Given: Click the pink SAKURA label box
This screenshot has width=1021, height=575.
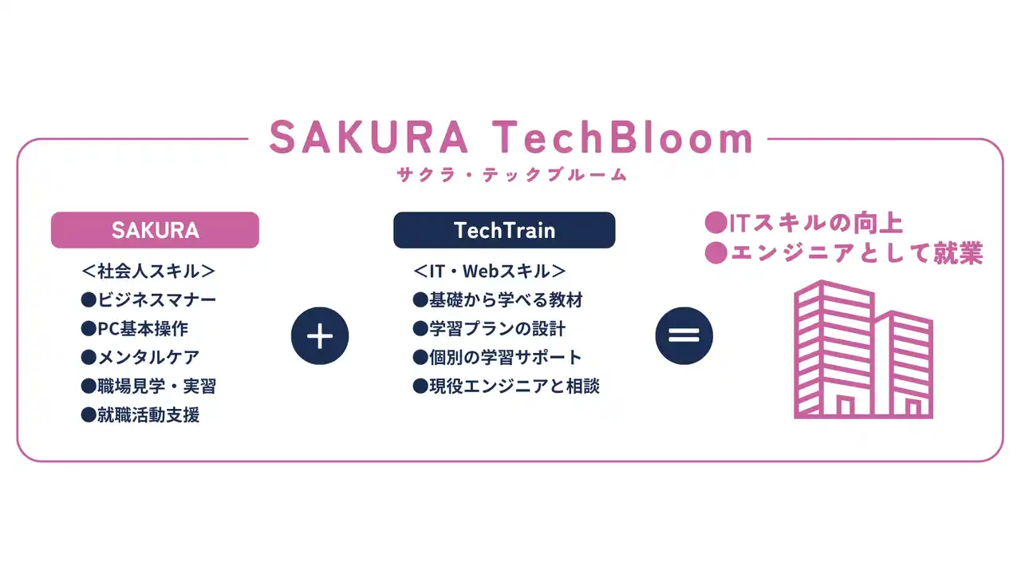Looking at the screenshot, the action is (x=155, y=230).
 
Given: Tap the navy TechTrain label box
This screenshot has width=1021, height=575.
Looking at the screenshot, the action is (x=504, y=230).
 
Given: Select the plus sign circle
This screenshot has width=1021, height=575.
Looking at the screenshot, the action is (x=320, y=336).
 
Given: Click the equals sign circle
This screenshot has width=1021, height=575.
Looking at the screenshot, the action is (x=684, y=336).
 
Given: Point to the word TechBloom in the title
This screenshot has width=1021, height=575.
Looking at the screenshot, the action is (x=623, y=137).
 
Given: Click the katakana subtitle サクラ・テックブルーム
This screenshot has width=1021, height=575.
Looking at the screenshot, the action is (x=512, y=175).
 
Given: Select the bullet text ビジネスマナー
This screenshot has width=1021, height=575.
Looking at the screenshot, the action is (x=157, y=299).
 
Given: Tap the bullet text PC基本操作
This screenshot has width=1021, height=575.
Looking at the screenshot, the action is (x=143, y=328).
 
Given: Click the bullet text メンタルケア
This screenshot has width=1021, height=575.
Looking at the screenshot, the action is (x=148, y=357).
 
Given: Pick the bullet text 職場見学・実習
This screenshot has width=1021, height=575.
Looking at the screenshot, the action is (x=157, y=386).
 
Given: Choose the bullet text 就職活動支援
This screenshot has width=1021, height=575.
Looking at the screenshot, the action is (x=148, y=414).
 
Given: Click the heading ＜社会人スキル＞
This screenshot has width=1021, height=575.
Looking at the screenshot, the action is (x=148, y=271).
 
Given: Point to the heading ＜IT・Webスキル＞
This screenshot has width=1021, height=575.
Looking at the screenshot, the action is (x=490, y=271).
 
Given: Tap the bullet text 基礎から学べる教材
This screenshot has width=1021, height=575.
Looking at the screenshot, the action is (x=506, y=299).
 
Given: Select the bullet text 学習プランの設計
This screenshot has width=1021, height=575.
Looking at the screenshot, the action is (x=497, y=328).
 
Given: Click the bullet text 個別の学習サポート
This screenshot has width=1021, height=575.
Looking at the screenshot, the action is (x=506, y=357).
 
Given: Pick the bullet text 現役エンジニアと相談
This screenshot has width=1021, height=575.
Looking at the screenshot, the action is (x=514, y=386).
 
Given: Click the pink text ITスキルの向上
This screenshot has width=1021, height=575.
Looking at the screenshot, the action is (x=816, y=223).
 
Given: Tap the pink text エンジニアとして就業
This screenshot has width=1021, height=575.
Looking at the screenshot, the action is (x=857, y=253).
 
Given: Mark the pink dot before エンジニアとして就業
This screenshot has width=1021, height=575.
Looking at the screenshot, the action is (x=716, y=253).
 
